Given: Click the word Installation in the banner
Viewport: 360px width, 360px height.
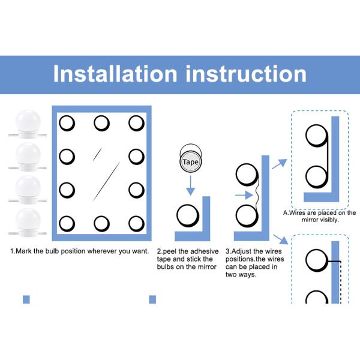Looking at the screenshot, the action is tap(115, 73).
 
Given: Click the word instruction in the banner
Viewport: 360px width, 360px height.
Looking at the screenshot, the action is tap(246, 73).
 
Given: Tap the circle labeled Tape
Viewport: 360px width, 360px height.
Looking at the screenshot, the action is tap(191, 161).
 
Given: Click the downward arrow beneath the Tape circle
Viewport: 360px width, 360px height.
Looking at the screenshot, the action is tap(191, 185).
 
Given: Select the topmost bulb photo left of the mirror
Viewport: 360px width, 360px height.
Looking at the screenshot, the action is tap(28, 124).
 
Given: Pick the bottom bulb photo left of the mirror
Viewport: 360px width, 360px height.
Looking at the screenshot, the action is tap(28, 223).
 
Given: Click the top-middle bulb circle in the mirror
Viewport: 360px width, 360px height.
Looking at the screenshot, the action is tap(102, 123).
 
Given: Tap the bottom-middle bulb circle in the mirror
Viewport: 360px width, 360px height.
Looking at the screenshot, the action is tap(102, 224).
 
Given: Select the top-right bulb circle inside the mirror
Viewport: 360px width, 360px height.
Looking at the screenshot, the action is tap(136, 123).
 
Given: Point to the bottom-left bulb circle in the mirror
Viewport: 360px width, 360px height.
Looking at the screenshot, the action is tap(67, 224).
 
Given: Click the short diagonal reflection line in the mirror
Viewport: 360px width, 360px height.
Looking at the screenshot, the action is tap(97, 154).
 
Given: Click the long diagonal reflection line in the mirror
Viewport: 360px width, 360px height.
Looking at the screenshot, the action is tap(106, 181).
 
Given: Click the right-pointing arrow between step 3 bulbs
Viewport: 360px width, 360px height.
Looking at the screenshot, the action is tap(244, 195).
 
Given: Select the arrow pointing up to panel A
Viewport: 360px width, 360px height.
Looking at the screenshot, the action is tap(280, 164).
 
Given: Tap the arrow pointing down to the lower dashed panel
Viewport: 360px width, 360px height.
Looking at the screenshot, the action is tap(280, 239).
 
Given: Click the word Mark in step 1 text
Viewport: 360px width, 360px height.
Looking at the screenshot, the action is tap(24, 251).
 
